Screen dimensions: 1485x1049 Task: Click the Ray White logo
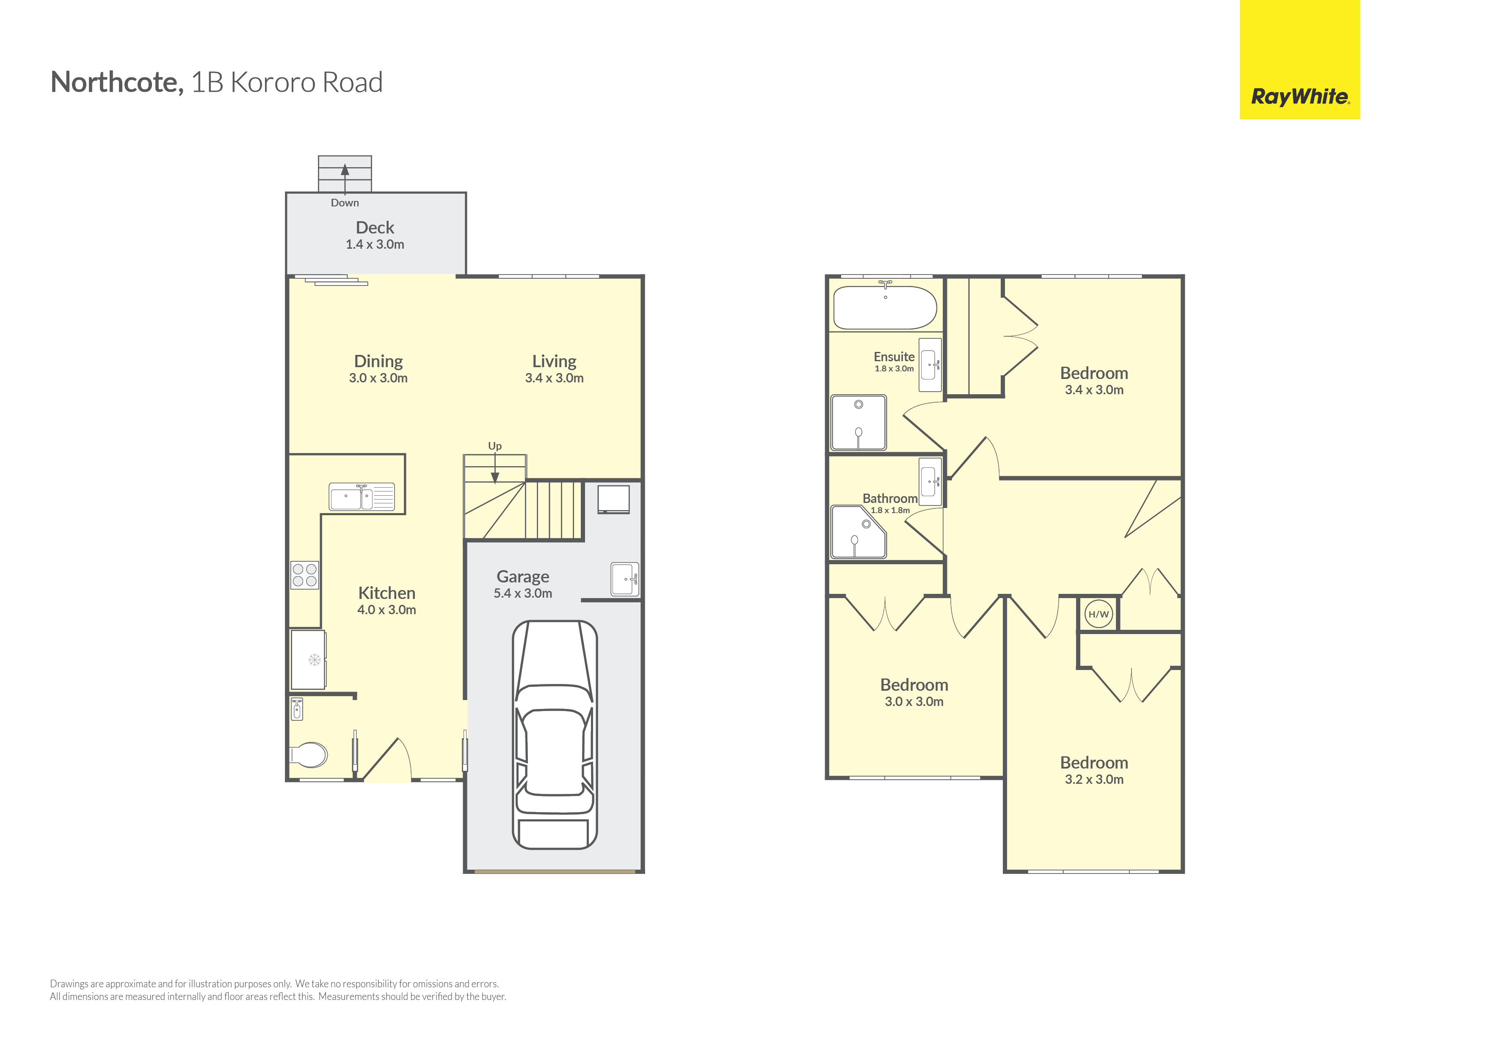click(1300, 60)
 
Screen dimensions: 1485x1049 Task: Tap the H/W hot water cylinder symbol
click(1098, 614)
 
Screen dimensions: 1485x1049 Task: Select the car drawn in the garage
click(555, 735)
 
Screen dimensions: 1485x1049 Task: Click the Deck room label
click(375, 228)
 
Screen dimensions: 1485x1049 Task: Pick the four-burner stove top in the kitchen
click(305, 574)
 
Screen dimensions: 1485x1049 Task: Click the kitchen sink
click(362, 497)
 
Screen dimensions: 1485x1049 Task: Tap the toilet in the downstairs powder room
click(309, 754)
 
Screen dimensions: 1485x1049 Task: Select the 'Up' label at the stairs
click(495, 446)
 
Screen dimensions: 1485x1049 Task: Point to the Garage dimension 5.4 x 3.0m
click(523, 593)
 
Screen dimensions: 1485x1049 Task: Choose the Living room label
click(554, 361)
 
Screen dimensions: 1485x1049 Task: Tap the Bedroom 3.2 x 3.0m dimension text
click(1094, 780)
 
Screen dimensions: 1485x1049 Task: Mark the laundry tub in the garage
click(625, 579)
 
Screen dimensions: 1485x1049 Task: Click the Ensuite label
click(894, 357)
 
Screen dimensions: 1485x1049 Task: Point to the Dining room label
click(378, 361)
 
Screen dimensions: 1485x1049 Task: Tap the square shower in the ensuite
click(858, 422)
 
